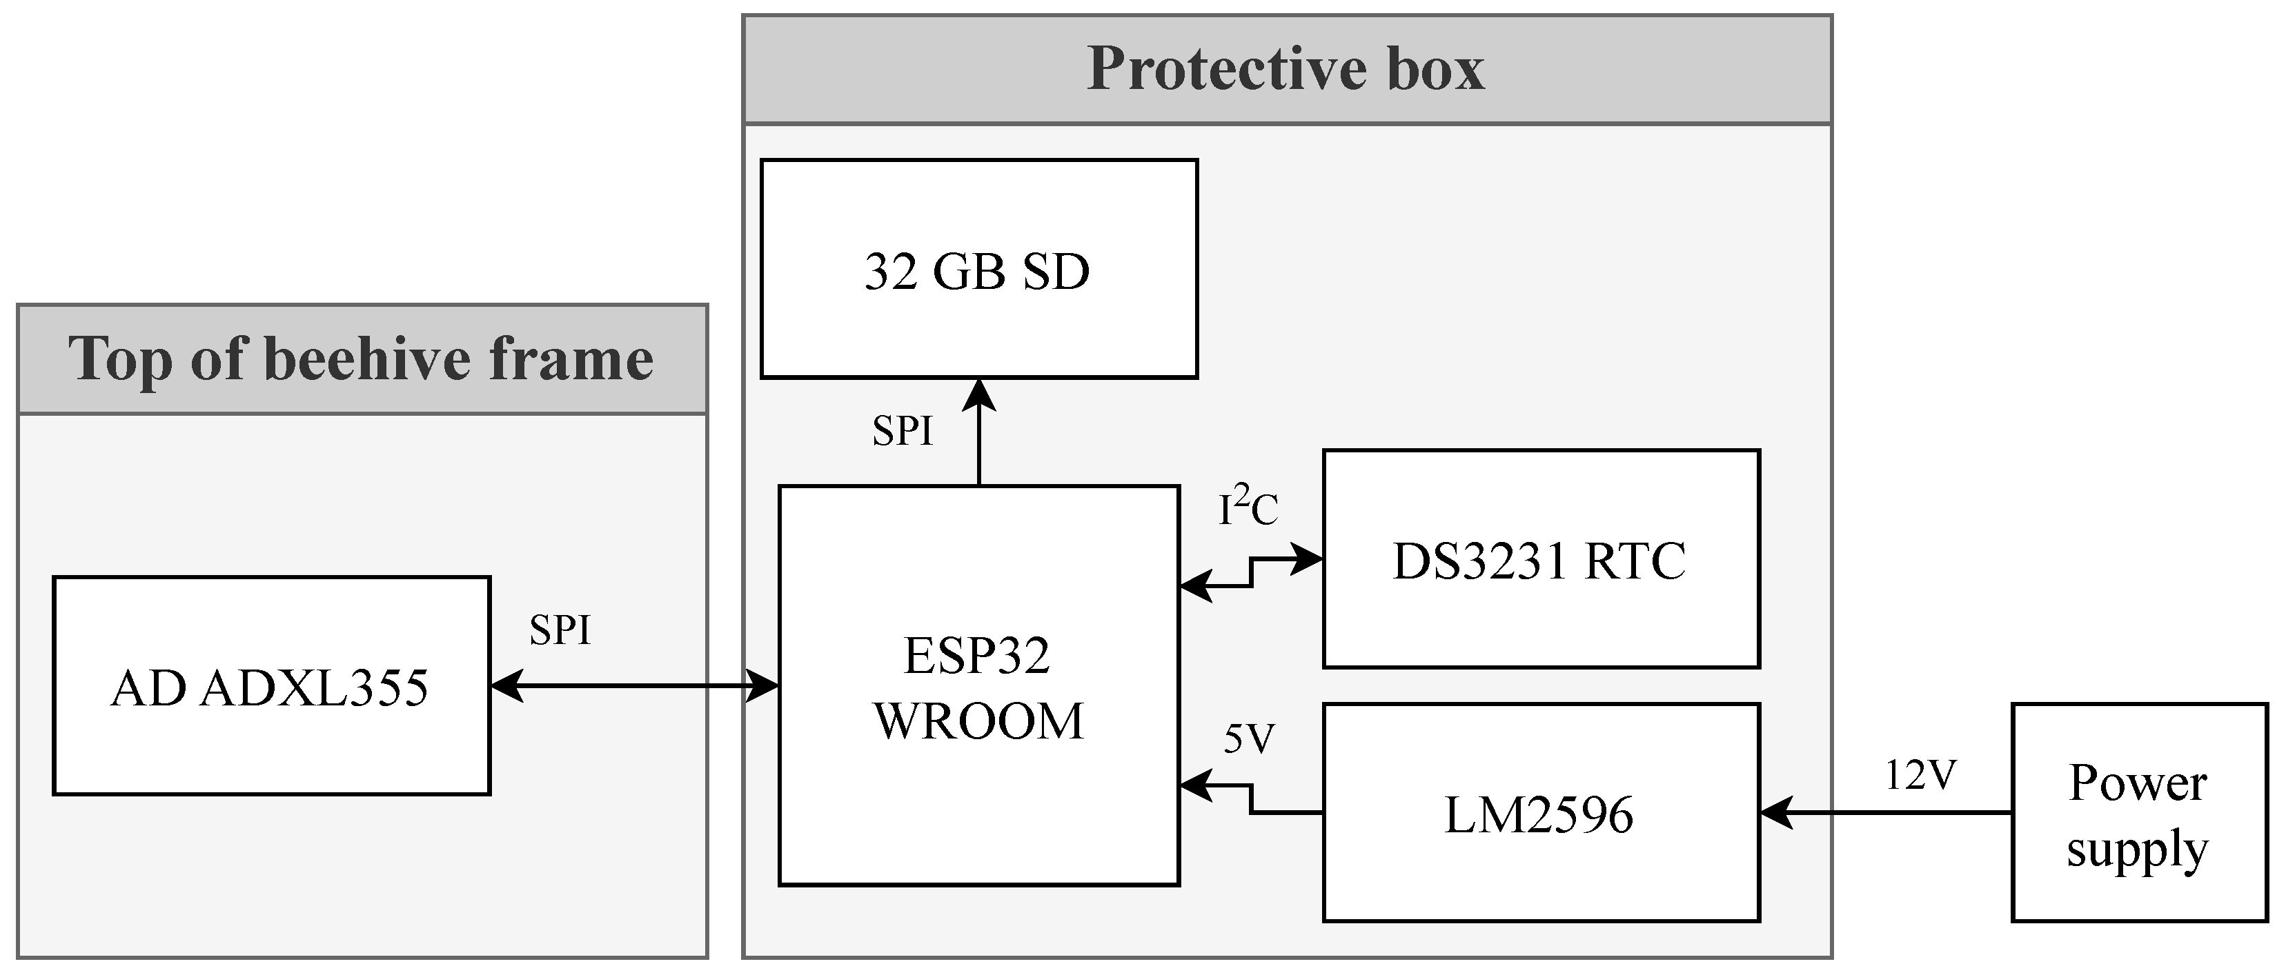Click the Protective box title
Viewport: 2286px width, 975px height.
(1286, 69)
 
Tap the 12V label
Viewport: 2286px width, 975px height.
(1920, 776)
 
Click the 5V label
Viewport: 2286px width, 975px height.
(1249, 738)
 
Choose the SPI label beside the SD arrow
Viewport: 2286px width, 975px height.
(903, 431)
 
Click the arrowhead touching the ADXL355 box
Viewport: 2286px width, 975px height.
(506, 686)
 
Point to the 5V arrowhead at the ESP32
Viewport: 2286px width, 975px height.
(1195, 785)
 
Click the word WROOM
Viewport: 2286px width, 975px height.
(979, 721)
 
